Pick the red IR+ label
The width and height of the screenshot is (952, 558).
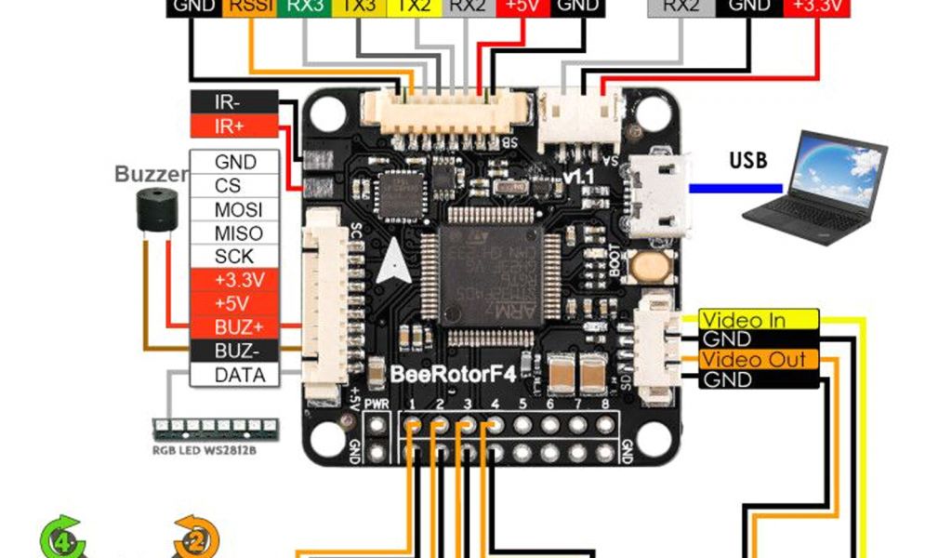[x=232, y=126]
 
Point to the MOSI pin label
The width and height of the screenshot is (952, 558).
[x=238, y=208]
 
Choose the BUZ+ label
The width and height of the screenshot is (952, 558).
[x=238, y=327]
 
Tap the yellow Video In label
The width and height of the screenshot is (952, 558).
[x=757, y=321]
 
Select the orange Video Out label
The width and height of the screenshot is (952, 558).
[x=757, y=360]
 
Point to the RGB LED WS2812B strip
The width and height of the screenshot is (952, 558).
[x=215, y=428]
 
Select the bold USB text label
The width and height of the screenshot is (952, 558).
[x=748, y=160]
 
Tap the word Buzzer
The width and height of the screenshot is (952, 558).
[x=151, y=174]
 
